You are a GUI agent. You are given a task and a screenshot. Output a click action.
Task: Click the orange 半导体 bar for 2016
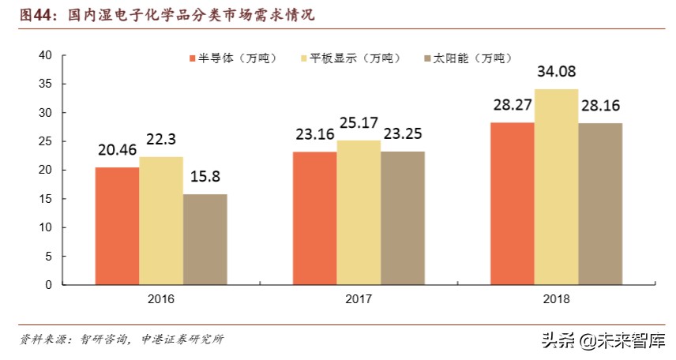pyautogui.click(x=117, y=226)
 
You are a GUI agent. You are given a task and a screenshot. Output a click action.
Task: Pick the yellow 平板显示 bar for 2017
pyautogui.click(x=359, y=212)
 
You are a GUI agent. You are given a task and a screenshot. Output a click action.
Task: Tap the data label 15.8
pyautogui.click(x=205, y=178)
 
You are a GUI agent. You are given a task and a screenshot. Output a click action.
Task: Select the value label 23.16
pyautogui.click(x=314, y=136)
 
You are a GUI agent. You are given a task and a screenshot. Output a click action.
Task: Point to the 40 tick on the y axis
pyautogui.click(x=44, y=55)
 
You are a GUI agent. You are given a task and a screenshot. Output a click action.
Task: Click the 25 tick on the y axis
pyautogui.click(x=44, y=141)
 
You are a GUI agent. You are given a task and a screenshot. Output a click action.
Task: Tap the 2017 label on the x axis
pyautogui.click(x=359, y=299)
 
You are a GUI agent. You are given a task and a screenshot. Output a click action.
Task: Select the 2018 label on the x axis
pyautogui.click(x=556, y=299)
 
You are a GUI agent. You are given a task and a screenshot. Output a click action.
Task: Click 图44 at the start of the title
pyautogui.click(x=30, y=14)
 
